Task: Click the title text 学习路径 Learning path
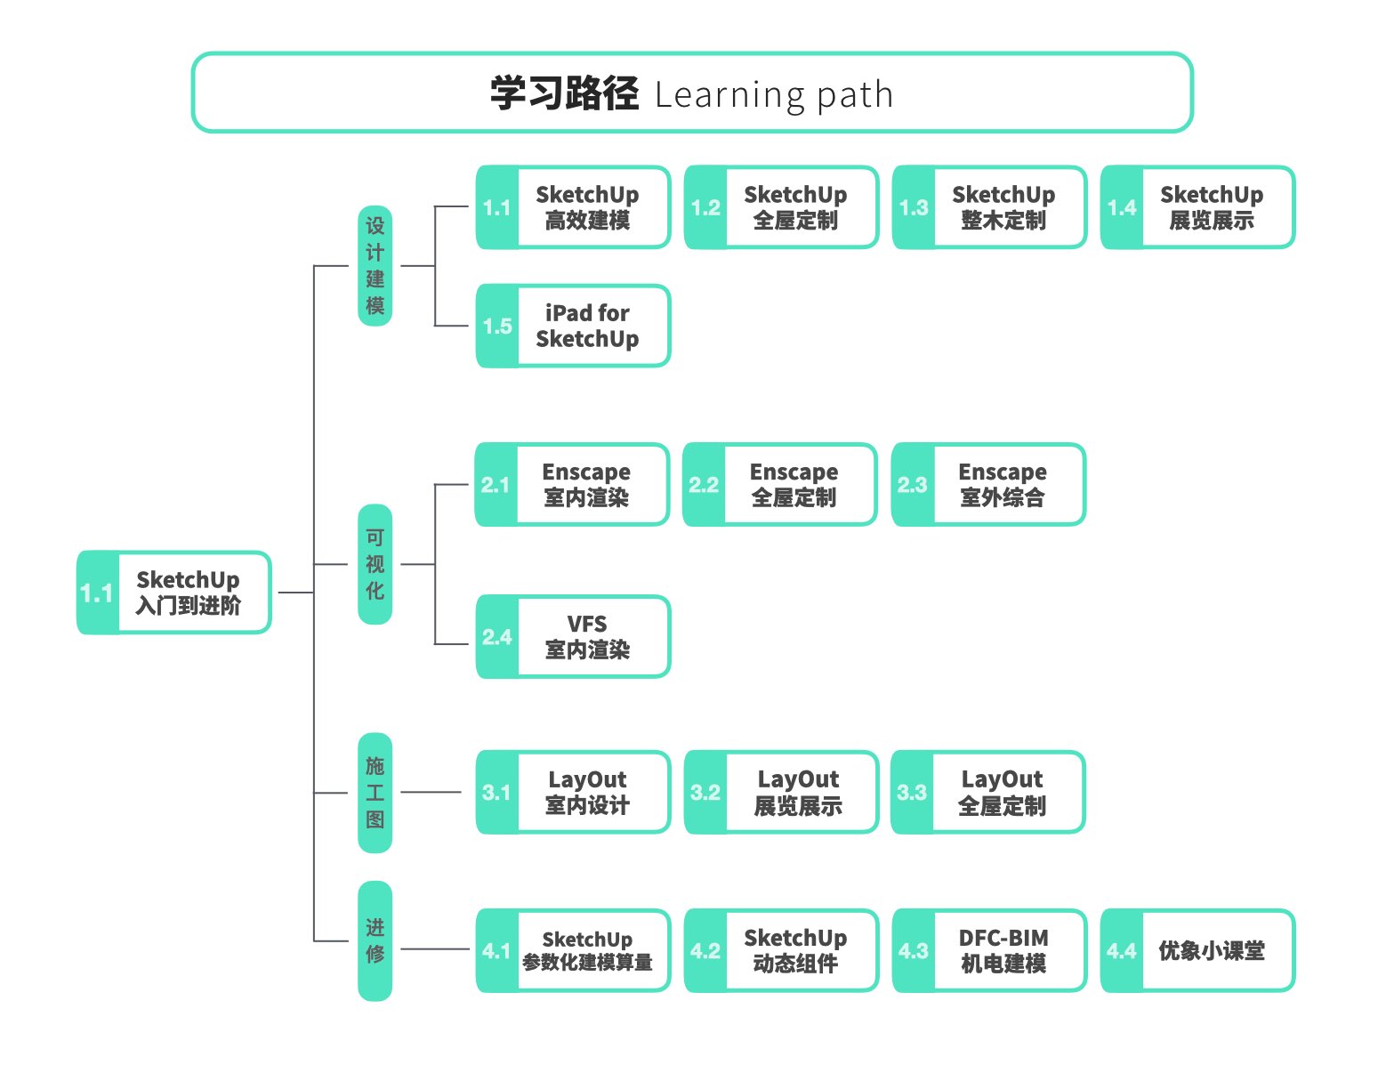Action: point(691,93)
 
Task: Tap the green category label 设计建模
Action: point(375,265)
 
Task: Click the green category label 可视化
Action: point(375,564)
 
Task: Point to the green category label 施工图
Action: point(375,792)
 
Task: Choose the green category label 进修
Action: point(375,940)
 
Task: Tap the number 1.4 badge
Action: point(1122,208)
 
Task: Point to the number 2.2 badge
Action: point(704,485)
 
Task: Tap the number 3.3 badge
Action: point(912,793)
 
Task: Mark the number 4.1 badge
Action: point(496,951)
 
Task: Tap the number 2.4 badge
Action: point(496,637)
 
